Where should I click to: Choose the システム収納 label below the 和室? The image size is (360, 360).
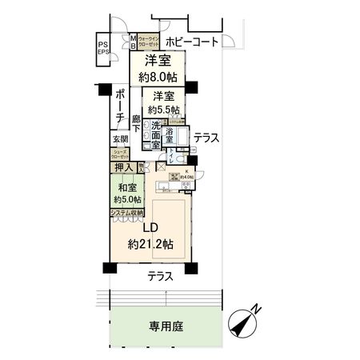(x=126, y=213)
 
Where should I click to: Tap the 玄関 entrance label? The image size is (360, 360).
(x=120, y=139)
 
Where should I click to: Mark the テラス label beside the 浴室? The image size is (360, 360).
(x=206, y=138)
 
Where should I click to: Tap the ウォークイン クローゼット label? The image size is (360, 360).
(x=150, y=42)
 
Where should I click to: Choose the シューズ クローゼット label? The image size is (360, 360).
(x=120, y=154)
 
